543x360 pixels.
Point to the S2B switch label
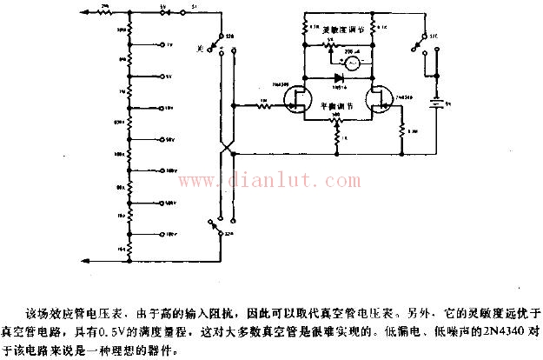229,36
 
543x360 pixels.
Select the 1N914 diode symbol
337,77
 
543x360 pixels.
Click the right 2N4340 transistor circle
380,102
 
